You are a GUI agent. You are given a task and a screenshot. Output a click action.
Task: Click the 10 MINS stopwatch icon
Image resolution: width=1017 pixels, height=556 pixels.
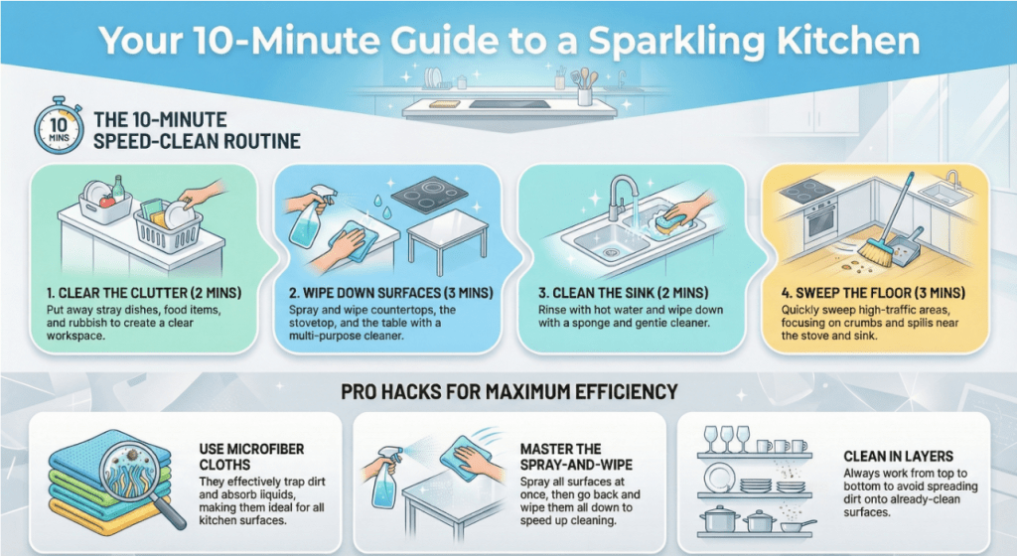[59, 125]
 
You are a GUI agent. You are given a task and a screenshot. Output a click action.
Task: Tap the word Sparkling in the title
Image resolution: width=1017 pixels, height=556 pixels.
[675, 40]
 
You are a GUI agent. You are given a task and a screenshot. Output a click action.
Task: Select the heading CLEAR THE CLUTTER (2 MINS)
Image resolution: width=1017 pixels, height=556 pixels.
[143, 293]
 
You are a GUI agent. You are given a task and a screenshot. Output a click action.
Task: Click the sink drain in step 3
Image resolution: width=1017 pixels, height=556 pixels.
[610, 250]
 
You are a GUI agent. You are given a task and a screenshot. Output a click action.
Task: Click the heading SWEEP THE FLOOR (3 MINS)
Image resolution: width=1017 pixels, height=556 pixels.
[873, 293]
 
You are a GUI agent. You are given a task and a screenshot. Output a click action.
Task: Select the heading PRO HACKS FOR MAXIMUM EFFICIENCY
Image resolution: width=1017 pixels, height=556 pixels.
[509, 391]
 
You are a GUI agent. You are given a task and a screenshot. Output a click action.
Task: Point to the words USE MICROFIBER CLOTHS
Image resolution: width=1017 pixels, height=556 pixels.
[251, 456]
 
